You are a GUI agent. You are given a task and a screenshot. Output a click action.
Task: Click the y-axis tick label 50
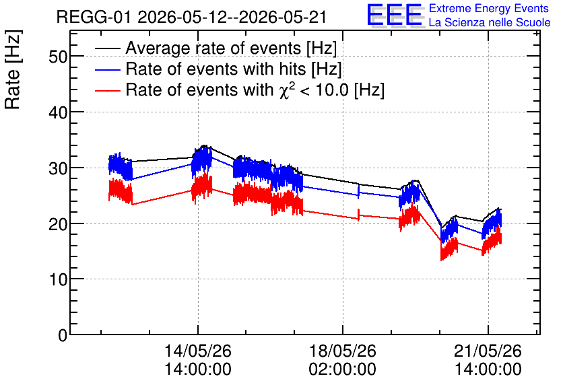58,57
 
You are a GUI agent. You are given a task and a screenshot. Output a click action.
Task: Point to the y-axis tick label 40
58,112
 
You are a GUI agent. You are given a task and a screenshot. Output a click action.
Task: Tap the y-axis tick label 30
58,168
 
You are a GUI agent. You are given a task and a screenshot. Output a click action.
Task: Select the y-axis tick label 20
58,224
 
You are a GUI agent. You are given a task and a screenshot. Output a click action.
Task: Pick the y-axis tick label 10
58,279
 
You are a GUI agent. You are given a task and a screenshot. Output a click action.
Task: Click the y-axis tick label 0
63,335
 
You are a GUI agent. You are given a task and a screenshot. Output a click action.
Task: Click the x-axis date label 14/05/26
198,351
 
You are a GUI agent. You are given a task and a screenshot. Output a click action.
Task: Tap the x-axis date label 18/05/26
343,351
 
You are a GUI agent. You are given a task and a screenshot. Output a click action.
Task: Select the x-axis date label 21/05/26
488,351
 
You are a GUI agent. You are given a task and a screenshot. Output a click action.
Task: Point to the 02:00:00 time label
343,369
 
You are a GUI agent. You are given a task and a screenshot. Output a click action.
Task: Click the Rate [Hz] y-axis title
13,69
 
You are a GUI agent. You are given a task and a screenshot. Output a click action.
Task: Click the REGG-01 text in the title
94,17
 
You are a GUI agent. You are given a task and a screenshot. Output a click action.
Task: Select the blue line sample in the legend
108,69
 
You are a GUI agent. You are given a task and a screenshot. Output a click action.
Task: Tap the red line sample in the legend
108,90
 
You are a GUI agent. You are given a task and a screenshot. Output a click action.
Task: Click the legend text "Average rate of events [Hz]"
231,48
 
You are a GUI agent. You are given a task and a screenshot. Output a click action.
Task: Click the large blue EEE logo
395,15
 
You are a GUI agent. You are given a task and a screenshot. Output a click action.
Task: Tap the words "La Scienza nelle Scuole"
490,23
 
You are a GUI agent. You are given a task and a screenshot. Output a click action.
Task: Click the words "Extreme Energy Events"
489,8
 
